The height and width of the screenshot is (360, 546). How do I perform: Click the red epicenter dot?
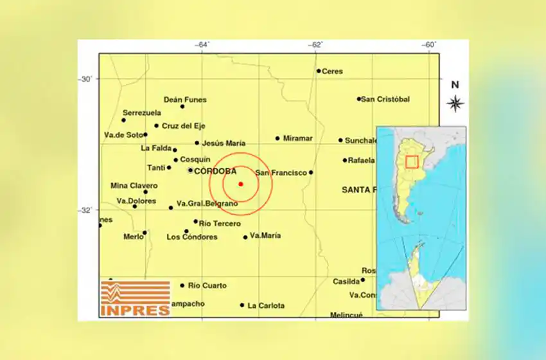(241, 184)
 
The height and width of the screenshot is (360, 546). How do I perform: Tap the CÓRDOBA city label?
(215, 171)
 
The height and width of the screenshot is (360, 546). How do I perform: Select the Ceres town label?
(332, 71)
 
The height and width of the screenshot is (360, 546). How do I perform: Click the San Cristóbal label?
(385, 99)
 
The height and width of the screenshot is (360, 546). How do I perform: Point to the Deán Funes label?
(185, 100)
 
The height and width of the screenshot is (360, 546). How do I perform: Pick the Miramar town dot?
(277, 138)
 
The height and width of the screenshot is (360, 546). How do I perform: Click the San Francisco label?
(281, 172)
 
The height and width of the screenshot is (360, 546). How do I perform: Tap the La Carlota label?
(266, 305)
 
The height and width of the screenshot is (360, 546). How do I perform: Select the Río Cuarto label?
(207, 285)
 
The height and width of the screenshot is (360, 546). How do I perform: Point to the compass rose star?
(455, 103)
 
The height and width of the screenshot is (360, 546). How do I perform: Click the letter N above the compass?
(455, 84)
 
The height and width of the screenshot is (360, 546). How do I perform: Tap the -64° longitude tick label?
(202, 45)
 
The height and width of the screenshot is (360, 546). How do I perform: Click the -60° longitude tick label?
(429, 45)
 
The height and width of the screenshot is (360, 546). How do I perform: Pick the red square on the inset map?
(412, 162)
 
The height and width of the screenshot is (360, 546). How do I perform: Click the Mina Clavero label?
(134, 186)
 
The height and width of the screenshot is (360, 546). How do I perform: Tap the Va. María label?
(265, 235)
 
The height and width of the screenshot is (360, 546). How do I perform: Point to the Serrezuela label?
(142, 113)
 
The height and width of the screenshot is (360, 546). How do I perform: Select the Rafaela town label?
(361, 160)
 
